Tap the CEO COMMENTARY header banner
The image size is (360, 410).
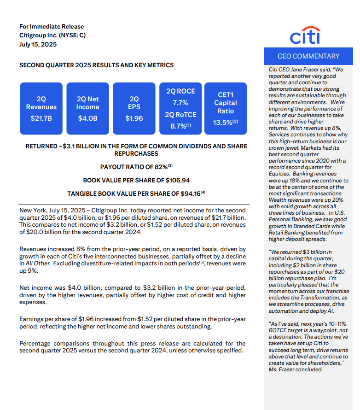(x=308, y=56)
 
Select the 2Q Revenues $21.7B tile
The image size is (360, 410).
(x=41, y=108)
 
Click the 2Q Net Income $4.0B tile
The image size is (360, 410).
(x=87, y=108)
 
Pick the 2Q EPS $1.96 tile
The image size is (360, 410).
(x=134, y=108)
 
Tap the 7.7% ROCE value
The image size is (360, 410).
(x=180, y=102)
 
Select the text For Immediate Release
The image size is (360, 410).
(x=52, y=26)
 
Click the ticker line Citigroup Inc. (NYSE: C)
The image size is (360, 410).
(x=52, y=35)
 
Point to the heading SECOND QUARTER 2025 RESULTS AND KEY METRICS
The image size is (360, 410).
(x=97, y=65)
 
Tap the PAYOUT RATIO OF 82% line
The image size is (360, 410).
(x=136, y=166)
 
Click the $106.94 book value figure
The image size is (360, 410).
(x=173, y=180)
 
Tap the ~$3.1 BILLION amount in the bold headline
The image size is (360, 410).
(x=78, y=146)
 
